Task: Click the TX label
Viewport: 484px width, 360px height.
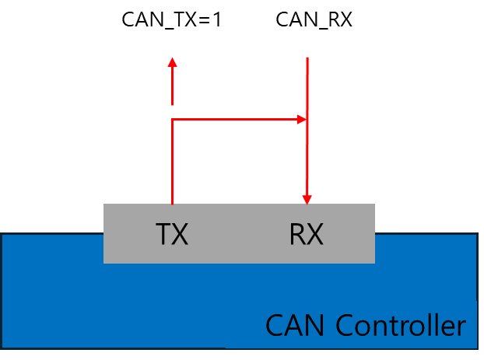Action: [x=172, y=234]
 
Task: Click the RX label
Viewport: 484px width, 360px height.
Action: [x=306, y=234]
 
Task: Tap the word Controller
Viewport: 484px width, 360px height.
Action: [x=401, y=325]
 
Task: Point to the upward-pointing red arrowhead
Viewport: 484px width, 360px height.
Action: [x=172, y=62]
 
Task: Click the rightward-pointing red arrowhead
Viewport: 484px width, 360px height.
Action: [x=302, y=119]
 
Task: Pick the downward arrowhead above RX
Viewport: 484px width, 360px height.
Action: [x=307, y=199]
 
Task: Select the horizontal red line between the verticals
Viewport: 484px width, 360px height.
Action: [x=233, y=119]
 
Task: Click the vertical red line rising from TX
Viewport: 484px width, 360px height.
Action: [x=172, y=163]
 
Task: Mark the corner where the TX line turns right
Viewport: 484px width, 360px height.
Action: [x=172, y=119]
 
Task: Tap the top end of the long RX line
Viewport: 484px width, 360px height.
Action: [x=307, y=58]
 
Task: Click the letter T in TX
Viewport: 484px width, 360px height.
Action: [x=163, y=234]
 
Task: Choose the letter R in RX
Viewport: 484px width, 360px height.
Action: [x=296, y=234]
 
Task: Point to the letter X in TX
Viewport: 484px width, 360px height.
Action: [x=181, y=234]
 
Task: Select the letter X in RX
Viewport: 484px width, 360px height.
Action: [x=315, y=234]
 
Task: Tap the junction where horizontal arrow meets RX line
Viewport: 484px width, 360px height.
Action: [x=307, y=119]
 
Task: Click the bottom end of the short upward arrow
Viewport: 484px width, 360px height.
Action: [x=172, y=103]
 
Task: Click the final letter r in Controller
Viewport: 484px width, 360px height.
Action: [x=461, y=327]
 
